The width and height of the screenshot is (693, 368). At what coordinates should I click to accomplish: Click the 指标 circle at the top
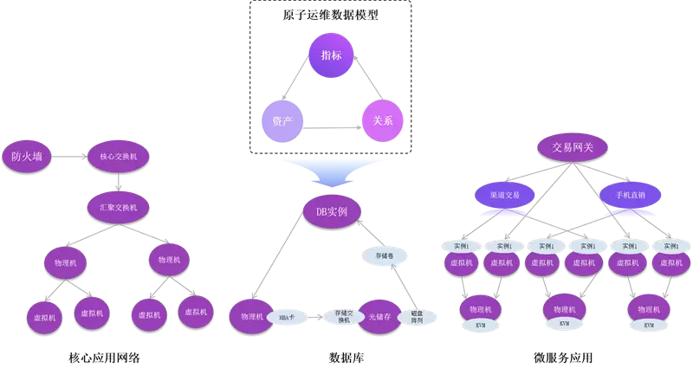331,55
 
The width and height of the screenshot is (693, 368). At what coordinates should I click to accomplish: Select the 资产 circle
282,121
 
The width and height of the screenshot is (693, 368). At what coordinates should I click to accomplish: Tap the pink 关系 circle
383,121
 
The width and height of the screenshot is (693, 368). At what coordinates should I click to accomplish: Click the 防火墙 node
27,157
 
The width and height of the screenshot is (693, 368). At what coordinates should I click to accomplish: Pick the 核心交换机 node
119,157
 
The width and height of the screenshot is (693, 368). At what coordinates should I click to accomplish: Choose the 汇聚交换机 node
118,208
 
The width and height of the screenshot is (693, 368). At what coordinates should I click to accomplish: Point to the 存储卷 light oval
385,257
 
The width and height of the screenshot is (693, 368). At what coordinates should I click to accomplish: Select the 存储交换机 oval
343,317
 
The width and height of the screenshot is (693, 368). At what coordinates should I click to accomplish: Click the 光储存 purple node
381,317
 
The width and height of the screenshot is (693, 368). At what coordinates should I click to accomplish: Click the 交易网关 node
573,147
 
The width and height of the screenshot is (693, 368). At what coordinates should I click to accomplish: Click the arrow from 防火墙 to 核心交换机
70,157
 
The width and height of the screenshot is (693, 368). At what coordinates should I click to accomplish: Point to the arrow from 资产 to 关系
332,128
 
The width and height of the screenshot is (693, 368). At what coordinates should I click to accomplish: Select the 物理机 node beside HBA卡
251,317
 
